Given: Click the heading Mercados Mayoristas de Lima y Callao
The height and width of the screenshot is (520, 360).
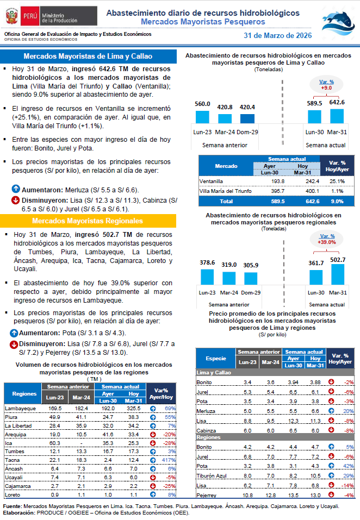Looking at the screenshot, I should pos(88,57).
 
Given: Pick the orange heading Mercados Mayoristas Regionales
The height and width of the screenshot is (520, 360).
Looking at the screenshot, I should pos(88,221).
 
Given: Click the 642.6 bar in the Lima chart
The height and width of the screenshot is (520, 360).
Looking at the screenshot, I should pos(337,116).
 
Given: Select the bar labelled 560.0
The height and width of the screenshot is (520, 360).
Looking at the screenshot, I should pos(202,117).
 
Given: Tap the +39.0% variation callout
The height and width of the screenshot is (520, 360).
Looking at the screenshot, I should pos(327,240).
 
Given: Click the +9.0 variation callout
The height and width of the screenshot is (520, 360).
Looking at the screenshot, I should pos(326,85).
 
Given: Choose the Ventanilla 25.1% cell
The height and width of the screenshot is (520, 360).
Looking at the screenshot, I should pos(338,181).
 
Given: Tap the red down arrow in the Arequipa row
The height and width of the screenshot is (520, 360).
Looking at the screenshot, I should pos(153,434).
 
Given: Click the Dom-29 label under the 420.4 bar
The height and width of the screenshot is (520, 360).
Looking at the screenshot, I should pos(247,132).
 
